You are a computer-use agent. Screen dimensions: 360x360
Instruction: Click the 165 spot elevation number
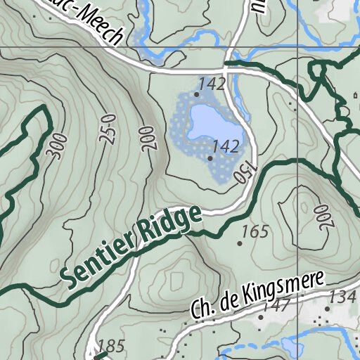tap(255, 231)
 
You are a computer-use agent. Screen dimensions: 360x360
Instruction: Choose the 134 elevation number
tap(342, 297)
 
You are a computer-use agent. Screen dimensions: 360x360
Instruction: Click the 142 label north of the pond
tap(211, 84)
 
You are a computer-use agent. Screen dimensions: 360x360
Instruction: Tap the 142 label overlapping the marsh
tap(226, 146)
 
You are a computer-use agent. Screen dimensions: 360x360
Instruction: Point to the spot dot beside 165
tap(239, 243)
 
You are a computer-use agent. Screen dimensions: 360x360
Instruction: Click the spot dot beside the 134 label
tap(327, 309)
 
